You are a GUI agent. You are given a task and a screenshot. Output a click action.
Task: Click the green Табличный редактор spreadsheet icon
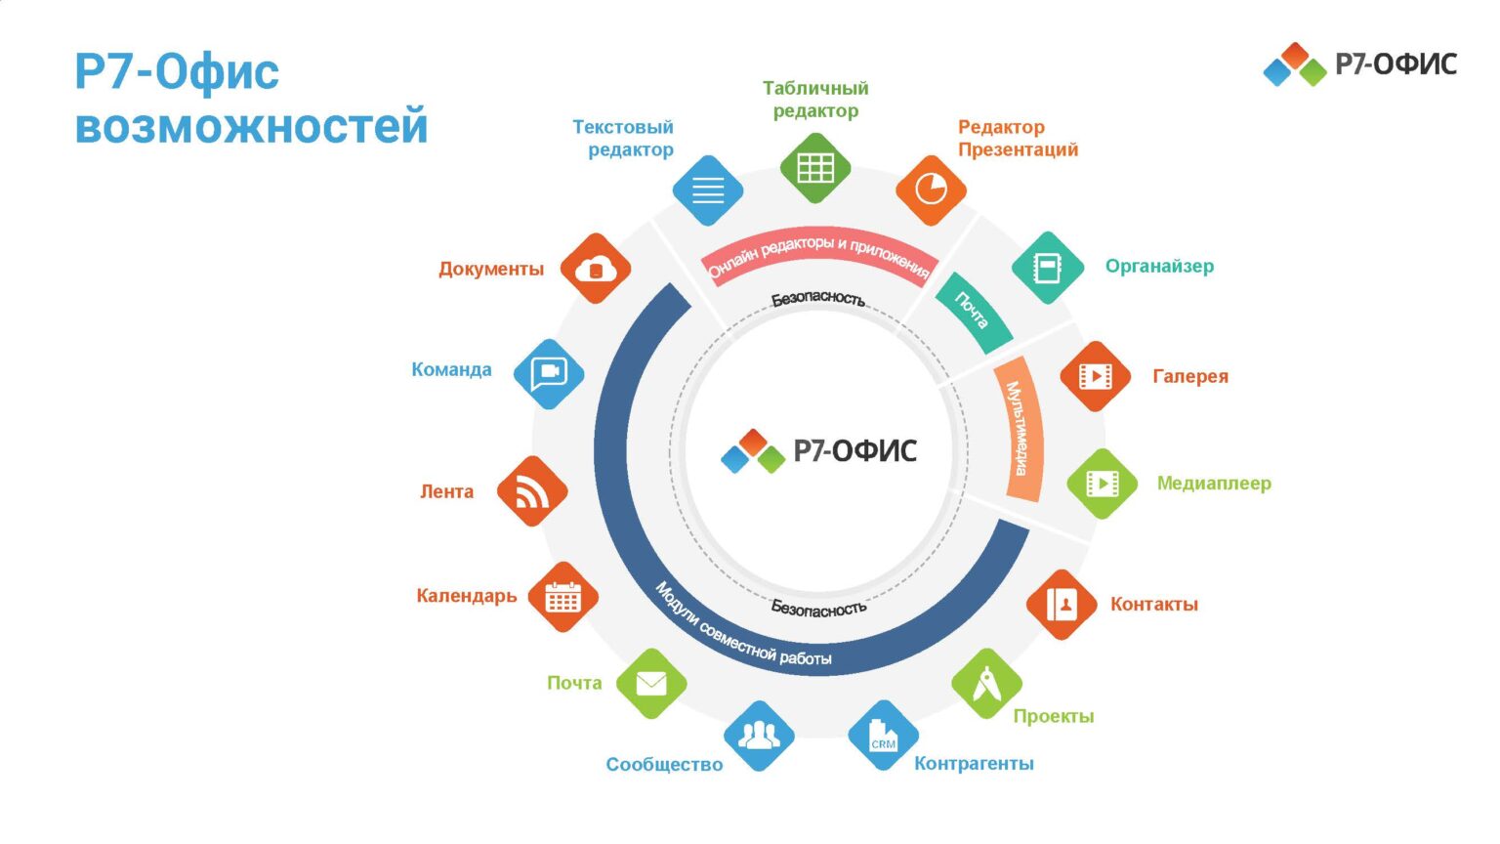pyautogui.click(x=815, y=168)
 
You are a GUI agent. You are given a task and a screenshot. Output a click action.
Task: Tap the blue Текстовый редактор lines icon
pyautogui.click(x=708, y=190)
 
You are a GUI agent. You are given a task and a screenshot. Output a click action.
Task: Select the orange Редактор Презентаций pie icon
pyautogui.click(x=931, y=190)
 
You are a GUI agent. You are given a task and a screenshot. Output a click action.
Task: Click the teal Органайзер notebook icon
pyautogui.click(x=1047, y=268)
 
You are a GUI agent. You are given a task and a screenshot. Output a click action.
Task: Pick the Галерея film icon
pyautogui.click(x=1095, y=376)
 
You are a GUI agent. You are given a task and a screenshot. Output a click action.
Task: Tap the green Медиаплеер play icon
pyautogui.click(x=1102, y=484)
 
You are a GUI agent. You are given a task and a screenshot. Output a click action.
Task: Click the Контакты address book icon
pyautogui.click(x=1062, y=605)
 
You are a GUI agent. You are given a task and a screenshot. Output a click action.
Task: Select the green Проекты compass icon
pyautogui.click(x=986, y=683)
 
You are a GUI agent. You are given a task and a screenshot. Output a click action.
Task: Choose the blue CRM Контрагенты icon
pyautogui.click(x=883, y=736)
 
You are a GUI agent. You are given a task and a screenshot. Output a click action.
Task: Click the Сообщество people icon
pyautogui.click(x=759, y=736)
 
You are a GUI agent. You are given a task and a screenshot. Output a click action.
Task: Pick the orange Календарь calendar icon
pyautogui.click(x=562, y=597)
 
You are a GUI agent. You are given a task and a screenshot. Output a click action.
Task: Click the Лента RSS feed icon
pyautogui.click(x=531, y=491)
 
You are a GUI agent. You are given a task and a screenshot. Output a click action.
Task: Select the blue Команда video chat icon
pyautogui.click(x=548, y=373)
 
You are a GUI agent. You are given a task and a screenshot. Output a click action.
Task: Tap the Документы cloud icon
pyautogui.click(x=596, y=269)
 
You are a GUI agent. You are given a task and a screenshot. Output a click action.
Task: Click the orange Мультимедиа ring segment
pyautogui.click(x=1020, y=430)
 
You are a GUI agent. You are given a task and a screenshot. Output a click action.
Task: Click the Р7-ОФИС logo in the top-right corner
pyautogui.click(x=1359, y=64)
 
